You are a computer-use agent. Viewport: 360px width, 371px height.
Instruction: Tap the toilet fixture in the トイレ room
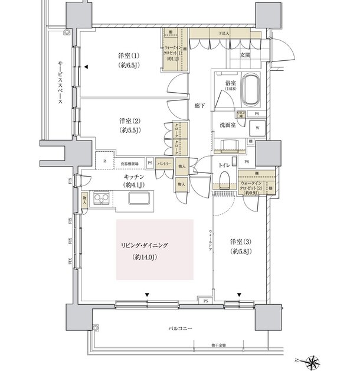click(x=224, y=182)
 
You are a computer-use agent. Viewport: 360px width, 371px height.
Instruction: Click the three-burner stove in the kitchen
click(x=102, y=200)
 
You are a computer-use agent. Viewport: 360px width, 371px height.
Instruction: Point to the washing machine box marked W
click(x=258, y=127)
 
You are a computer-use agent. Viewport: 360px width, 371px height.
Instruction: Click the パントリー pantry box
click(x=165, y=163)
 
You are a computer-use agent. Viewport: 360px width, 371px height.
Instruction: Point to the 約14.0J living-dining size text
click(x=143, y=258)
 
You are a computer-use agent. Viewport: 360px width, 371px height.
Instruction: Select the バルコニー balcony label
click(x=178, y=328)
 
